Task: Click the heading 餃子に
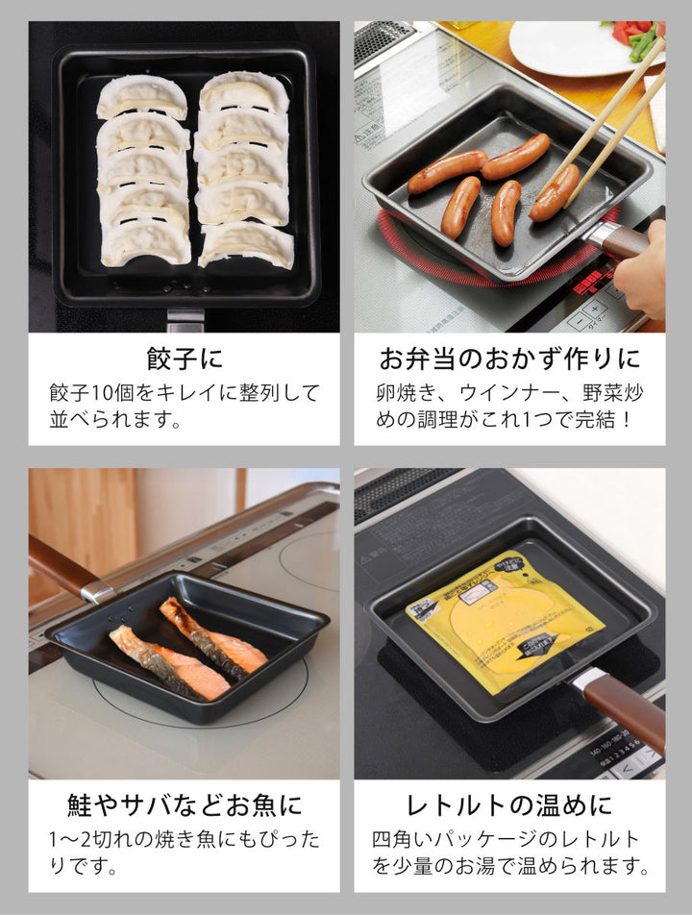[184, 359]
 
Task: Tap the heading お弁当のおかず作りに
[509, 359]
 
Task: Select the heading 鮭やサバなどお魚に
[184, 804]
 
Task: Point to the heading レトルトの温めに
[509, 804]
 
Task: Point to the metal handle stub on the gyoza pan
[185, 318]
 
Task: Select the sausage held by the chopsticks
[555, 192]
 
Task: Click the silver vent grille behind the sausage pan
[383, 41]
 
